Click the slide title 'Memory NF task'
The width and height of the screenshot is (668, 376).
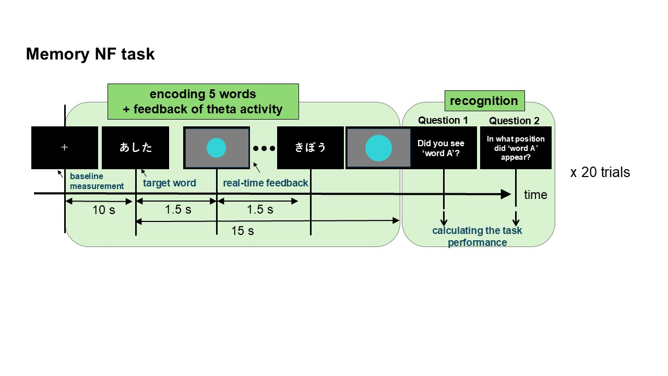click(90, 54)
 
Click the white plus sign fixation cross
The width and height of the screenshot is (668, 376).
click(65, 148)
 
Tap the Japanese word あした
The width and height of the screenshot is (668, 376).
click(136, 148)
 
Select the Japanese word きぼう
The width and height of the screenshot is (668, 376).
click(311, 148)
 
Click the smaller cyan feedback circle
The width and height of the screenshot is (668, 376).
click(216, 148)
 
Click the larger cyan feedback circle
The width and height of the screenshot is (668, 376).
click(378, 148)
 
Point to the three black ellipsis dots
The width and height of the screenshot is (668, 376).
click(264, 148)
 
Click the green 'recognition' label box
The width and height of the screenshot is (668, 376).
click(484, 101)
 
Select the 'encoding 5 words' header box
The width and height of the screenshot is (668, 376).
click(203, 102)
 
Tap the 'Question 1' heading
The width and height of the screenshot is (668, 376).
click(443, 121)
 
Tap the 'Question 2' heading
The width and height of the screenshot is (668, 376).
click(514, 121)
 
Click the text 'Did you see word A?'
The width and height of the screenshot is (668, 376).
click(441, 148)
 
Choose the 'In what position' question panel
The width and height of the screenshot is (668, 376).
click(516, 148)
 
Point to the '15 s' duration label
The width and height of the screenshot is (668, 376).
click(243, 230)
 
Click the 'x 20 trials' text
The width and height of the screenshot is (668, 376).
click(600, 172)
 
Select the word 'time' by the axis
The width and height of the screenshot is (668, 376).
click(535, 195)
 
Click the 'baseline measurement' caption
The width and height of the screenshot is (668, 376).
click(97, 181)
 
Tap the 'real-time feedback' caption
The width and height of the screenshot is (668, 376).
click(265, 183)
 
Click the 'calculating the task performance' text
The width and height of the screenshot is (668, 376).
click(477, 236)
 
